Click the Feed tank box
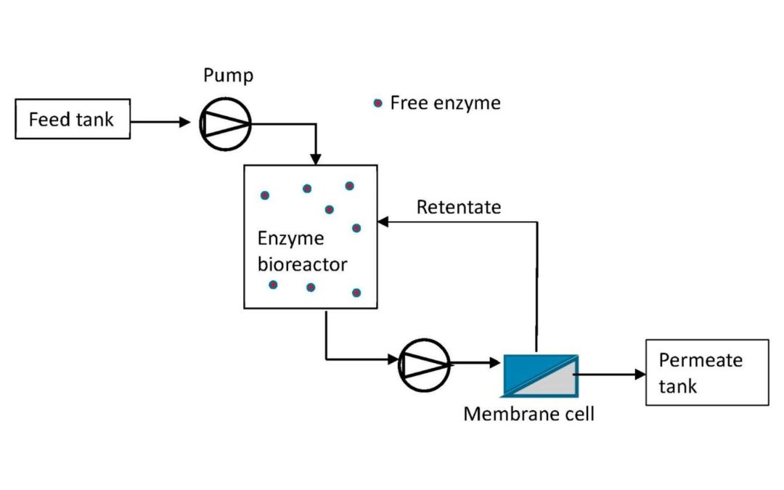click(x=73, y=119)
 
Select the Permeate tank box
click(x=706, y=372)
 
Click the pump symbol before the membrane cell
click(x=424, y=362)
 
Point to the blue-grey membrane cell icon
click(x=540, y=376)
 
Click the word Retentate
click(x=458, y=207)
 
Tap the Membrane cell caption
click(x=528, y=414)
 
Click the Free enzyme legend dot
click(x=377, y=104)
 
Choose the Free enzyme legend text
click(x=445, y=103)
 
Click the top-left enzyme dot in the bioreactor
click(x=265, y=195)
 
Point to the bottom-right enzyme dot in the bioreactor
click(x=356, y=293)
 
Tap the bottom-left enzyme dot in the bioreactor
click(x=273, y=284)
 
